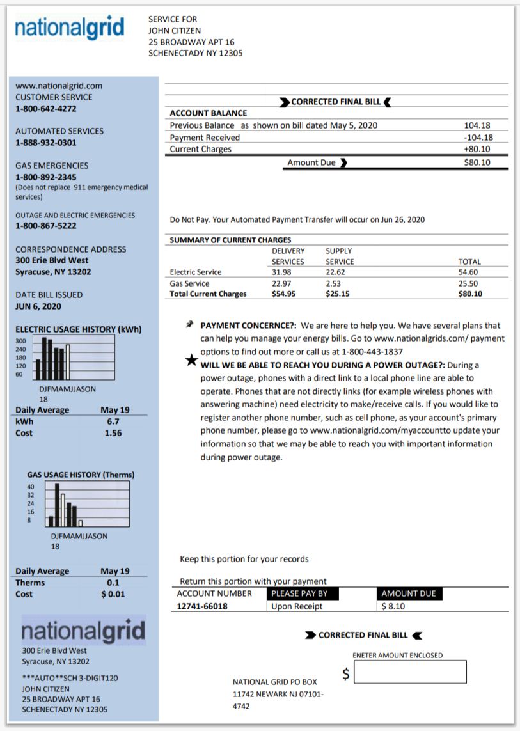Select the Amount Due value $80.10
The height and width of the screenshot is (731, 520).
477,162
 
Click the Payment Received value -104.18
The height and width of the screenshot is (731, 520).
478,138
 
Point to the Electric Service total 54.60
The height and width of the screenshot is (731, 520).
469,272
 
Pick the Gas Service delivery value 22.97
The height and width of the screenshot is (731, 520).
281,283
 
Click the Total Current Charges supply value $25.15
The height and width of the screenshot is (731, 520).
338,294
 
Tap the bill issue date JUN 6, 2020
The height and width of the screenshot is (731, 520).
38,306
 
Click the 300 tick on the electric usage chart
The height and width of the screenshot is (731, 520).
20,341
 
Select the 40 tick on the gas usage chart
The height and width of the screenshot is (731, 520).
31,487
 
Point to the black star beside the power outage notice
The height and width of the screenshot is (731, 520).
191,359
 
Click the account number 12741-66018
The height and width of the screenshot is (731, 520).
202,606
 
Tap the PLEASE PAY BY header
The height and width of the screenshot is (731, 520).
300,593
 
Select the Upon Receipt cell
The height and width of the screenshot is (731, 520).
297,606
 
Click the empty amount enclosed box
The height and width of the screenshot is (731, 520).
410,672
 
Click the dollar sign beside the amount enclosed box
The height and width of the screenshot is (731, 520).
346,673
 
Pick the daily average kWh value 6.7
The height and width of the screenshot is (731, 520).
113,421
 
